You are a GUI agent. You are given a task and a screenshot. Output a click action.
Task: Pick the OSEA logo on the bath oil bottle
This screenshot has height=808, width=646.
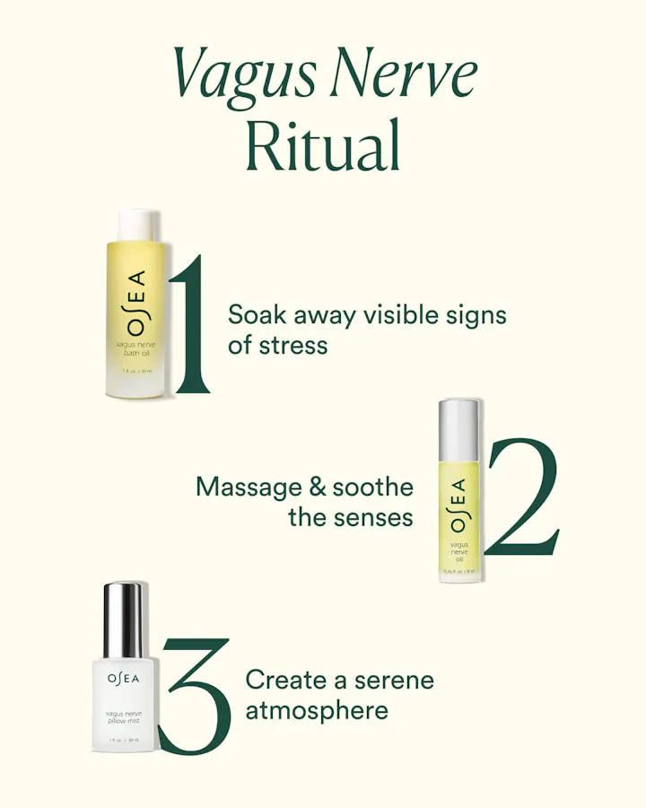[x=135, y=302]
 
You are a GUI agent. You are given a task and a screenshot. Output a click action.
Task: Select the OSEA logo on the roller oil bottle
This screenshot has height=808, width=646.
[x=458, y=504]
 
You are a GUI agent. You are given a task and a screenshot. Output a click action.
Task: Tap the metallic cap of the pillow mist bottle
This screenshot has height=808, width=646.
[x=124, y=619]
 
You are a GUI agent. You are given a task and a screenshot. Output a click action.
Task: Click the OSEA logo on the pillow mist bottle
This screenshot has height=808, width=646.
[x=124, y=678]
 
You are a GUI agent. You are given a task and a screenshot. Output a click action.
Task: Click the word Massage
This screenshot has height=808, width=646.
[x=249, y=487]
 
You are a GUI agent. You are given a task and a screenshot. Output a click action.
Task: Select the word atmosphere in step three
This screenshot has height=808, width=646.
[x=317, y=710]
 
